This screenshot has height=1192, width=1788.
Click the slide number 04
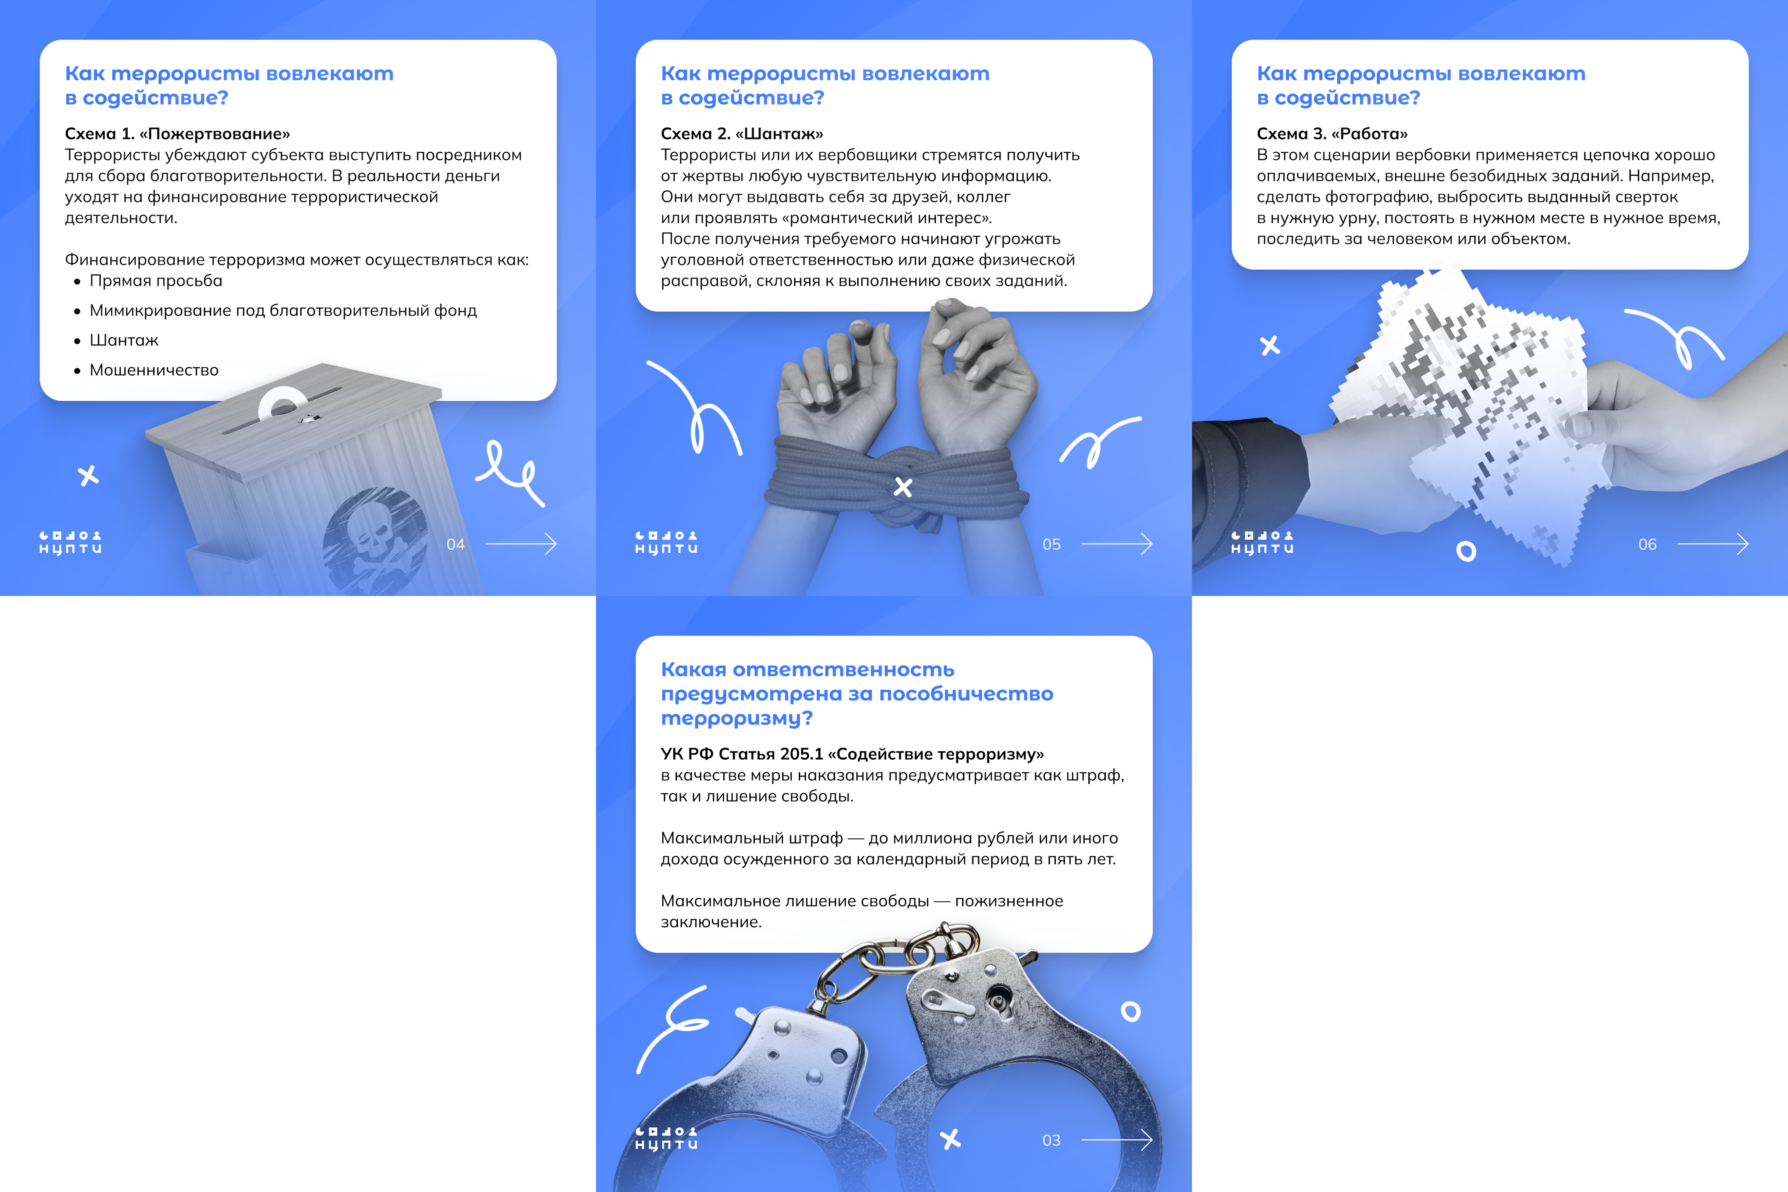(x=455, y=544)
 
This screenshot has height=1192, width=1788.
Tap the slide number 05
(x=1051, y=544)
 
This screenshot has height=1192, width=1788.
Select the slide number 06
(x=1647, y=544)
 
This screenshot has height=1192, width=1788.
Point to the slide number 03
(x=1051, y=1140)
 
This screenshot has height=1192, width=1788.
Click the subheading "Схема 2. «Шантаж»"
(x=742, y=134)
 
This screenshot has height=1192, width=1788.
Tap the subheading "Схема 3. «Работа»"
(x=1332, y=134)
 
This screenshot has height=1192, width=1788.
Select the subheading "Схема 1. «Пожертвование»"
(x=177, y=134)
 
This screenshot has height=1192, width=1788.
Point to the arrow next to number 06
(x=1713, y=544)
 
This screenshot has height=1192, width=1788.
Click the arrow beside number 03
(x=1117, y=1140)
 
